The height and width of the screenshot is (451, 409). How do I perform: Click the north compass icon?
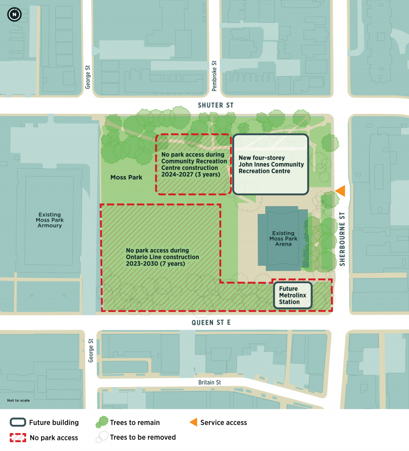pyautogui.click(x=14, y=14)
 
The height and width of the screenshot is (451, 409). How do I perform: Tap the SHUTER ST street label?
pyautogui.click(x=216, y=105)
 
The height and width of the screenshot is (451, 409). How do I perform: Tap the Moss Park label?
pyautogui.click(x=126, y=177)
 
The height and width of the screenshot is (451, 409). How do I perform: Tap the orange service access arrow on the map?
pyautogui.click(x=340, y=191)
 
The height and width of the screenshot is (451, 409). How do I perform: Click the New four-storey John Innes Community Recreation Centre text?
pyautogui.click(x=271, y=165)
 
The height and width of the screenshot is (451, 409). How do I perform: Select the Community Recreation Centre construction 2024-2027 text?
pyautogui.click(x=194, y=164)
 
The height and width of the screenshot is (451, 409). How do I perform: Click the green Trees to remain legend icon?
pyautogui.click(x=101, y=423)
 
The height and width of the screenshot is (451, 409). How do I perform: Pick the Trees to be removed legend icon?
pyautogui.click(x=101, y=438)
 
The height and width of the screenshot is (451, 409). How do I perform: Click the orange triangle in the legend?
pyautogui.click(x=191, y=423)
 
